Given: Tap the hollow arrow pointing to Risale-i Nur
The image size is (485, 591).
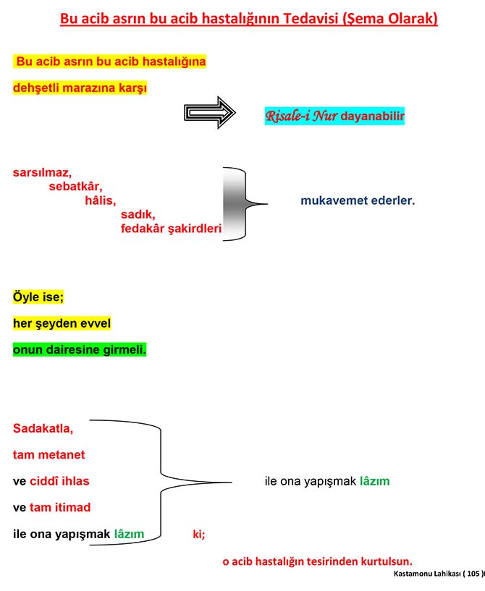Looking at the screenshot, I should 210,113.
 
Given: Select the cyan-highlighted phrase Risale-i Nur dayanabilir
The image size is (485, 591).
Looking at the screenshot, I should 334,116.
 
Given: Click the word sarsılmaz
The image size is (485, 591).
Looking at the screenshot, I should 42,173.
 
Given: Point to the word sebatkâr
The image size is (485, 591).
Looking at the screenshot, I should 76,187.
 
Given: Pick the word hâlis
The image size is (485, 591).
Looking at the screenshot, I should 100,200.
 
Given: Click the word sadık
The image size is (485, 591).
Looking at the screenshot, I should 138,215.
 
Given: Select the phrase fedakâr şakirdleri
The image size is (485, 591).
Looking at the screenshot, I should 171,229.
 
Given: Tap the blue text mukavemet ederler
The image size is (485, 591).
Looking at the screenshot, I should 358,200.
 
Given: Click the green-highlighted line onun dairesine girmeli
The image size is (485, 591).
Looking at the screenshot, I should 80,349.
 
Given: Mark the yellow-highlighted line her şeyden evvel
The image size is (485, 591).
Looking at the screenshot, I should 62,323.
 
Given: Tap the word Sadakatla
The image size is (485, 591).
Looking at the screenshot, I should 43,428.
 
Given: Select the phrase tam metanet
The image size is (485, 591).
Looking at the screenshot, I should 48,455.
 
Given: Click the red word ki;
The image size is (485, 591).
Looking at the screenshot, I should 198,535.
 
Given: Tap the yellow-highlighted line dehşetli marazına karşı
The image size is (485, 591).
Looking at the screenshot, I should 80,88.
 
